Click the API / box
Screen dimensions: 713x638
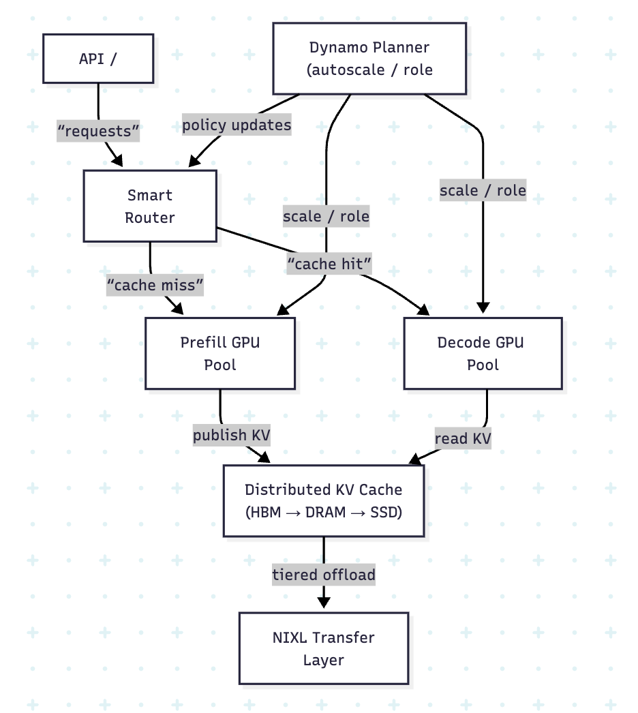click(x=98, y=59)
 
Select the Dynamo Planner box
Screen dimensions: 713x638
click(x=369, y=59)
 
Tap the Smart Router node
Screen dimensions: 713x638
click(x=150, y=206)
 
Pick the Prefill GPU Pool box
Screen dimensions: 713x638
click(x=220, y=353)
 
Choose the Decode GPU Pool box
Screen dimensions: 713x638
click(x=483, y=353)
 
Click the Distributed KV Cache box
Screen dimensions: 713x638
click(x=324, y=500)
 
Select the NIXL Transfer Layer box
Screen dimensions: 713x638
click(x=324, y=648)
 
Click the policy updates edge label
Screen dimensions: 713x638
click(x=237, y=125)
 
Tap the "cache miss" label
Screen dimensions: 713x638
click(x=155, y=285)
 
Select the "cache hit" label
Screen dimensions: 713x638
click(x=329, y=263)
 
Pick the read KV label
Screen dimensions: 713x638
click(x=462, y=438)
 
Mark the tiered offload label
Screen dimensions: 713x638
click(x=324, y=575)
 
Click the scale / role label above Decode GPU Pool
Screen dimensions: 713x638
click(x=483, y=190)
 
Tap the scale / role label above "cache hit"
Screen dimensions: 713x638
click(x=326, y=217)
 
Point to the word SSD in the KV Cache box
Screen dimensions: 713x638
click(x=382, y=512)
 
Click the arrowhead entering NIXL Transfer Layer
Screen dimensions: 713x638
click(x=324, y=602)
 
